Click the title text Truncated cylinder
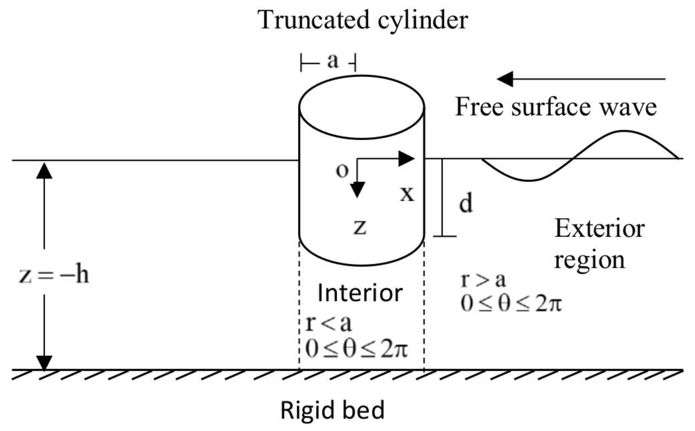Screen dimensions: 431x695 coord(362,20)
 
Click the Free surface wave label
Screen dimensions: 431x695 coord(555,107)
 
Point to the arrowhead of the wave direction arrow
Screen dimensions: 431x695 coord(506,79)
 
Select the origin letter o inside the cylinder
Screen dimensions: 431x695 coord(342,171)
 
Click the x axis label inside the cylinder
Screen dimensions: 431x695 coord(407,194)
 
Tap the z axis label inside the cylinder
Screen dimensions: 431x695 coord(360,227)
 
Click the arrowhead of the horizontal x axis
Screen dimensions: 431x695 coord(407,158)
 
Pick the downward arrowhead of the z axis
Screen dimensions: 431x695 coord(357,189)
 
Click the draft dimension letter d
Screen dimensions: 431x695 coord(466,203)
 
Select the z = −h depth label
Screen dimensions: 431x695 coord(54,275)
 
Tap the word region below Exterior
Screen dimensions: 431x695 coord(589,260)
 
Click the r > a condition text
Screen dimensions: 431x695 coord(483,280)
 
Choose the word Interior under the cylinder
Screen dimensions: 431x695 coord(360,293)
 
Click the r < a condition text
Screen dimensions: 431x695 coord(328,324)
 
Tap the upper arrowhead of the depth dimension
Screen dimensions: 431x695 coord(44,171)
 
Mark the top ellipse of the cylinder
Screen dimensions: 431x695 coord(362,107)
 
